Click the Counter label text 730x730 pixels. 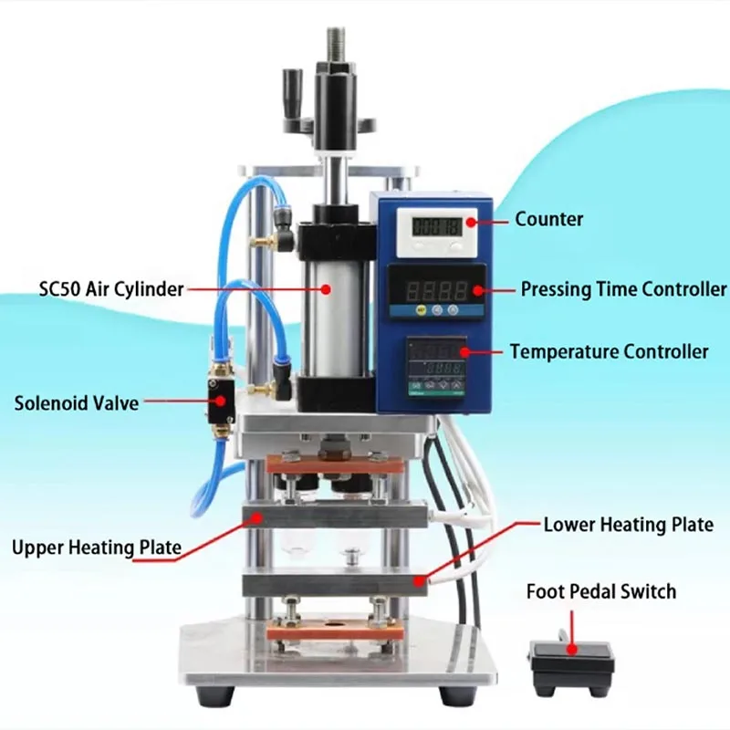click(548, 219)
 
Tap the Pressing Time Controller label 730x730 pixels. click(623, 289)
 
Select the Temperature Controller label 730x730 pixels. click(609, 351)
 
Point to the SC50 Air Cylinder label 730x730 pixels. click(110, 289)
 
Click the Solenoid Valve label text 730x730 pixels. click(77, 401)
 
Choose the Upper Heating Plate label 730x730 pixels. click(97, 547)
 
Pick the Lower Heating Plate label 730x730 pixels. click(628, 525)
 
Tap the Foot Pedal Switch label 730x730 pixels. click(601, 591)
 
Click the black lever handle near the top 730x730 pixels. click(294, 91)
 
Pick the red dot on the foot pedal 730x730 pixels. click(571, 650)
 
